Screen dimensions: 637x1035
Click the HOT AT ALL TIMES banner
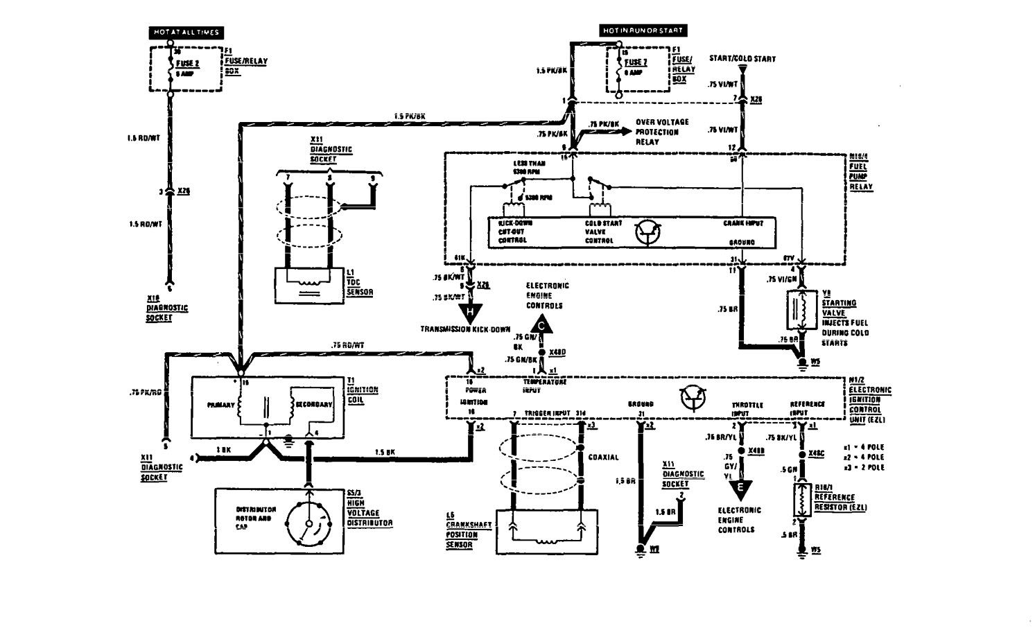click(x=185, y=32)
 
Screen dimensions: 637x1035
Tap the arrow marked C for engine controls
click(x=542, y=322)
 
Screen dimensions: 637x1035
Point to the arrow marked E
click(x=741, y=488)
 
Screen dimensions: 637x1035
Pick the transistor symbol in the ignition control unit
click(x=693, y=396)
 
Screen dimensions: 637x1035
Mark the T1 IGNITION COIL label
click(x=361, y=385)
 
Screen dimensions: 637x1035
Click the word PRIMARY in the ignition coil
click(x=220, y=403)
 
